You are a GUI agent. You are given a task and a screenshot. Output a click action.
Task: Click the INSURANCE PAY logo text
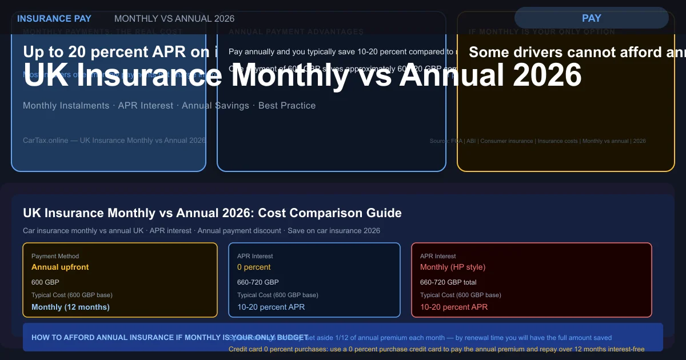[x=54, y=18]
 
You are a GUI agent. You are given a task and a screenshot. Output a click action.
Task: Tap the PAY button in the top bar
[x=591, y=18]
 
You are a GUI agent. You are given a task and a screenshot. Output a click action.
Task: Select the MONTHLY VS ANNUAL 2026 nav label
[x=174, y=18]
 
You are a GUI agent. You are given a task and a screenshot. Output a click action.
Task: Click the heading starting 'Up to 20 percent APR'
[x=120, y=52]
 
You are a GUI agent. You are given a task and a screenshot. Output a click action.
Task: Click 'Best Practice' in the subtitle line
[x=287, y=106]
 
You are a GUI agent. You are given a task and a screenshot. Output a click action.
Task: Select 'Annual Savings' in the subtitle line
[x=216, y=106]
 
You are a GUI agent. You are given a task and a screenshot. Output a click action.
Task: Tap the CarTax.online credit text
[x=114, y=141]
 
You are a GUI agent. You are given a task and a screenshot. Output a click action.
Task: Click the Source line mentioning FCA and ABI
[x=537, y=141]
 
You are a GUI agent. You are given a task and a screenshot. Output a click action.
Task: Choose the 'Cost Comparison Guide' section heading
[x=212, y=213]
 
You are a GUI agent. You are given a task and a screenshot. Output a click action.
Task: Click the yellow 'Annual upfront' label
[x=60, y=267]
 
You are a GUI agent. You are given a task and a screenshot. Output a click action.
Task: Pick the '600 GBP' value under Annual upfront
[x=45, y=282]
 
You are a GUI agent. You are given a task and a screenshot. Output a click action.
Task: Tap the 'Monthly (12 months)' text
[x=70, y=307]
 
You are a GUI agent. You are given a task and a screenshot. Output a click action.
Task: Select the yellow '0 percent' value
[x=254, y=267]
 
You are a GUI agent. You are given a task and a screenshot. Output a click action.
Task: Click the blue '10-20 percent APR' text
[x=271, y=307]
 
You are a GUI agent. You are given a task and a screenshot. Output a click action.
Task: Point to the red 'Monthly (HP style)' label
[x=453, y=267]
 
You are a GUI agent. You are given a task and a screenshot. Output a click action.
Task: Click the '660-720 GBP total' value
[x=448, y=282]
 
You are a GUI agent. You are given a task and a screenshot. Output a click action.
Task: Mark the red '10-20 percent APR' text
[x=454, y=307]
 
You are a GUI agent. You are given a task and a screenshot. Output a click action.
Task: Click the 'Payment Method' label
[x=55, y=257]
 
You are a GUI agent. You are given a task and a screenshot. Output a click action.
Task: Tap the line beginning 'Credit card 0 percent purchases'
[x=436, y=349]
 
